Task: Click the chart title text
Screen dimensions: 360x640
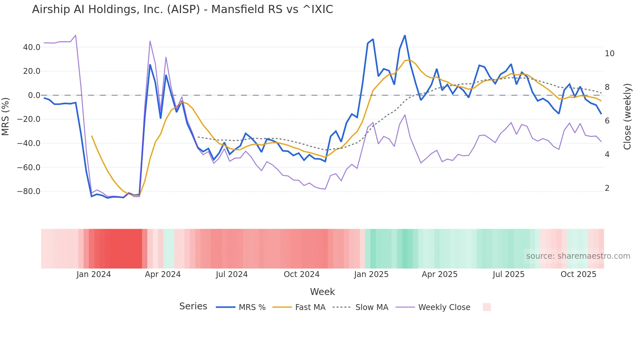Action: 183,9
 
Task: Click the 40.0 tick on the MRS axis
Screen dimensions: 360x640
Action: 32,47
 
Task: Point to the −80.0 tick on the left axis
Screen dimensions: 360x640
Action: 29,191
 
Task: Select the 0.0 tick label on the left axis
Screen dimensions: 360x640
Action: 34,95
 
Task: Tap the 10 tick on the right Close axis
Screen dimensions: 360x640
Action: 609,54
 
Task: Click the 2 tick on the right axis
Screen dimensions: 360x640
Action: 607,188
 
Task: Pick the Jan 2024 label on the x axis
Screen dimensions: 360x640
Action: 94,274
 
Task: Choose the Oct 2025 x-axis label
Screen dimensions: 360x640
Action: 578,274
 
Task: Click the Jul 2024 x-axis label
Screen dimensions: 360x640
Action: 232,274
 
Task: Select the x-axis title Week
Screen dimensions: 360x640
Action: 322,292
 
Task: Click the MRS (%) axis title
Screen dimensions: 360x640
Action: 6,116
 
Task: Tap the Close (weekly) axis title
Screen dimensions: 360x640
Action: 627,117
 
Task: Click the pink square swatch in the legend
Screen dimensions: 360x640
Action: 487,307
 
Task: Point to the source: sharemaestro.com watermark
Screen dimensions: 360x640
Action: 578,256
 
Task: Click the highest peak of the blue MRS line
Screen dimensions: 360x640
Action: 405,35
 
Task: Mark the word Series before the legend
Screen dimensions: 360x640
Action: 193,306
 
